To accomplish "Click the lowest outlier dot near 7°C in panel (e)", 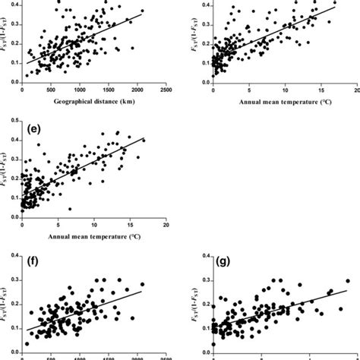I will click(x=70, y=209).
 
